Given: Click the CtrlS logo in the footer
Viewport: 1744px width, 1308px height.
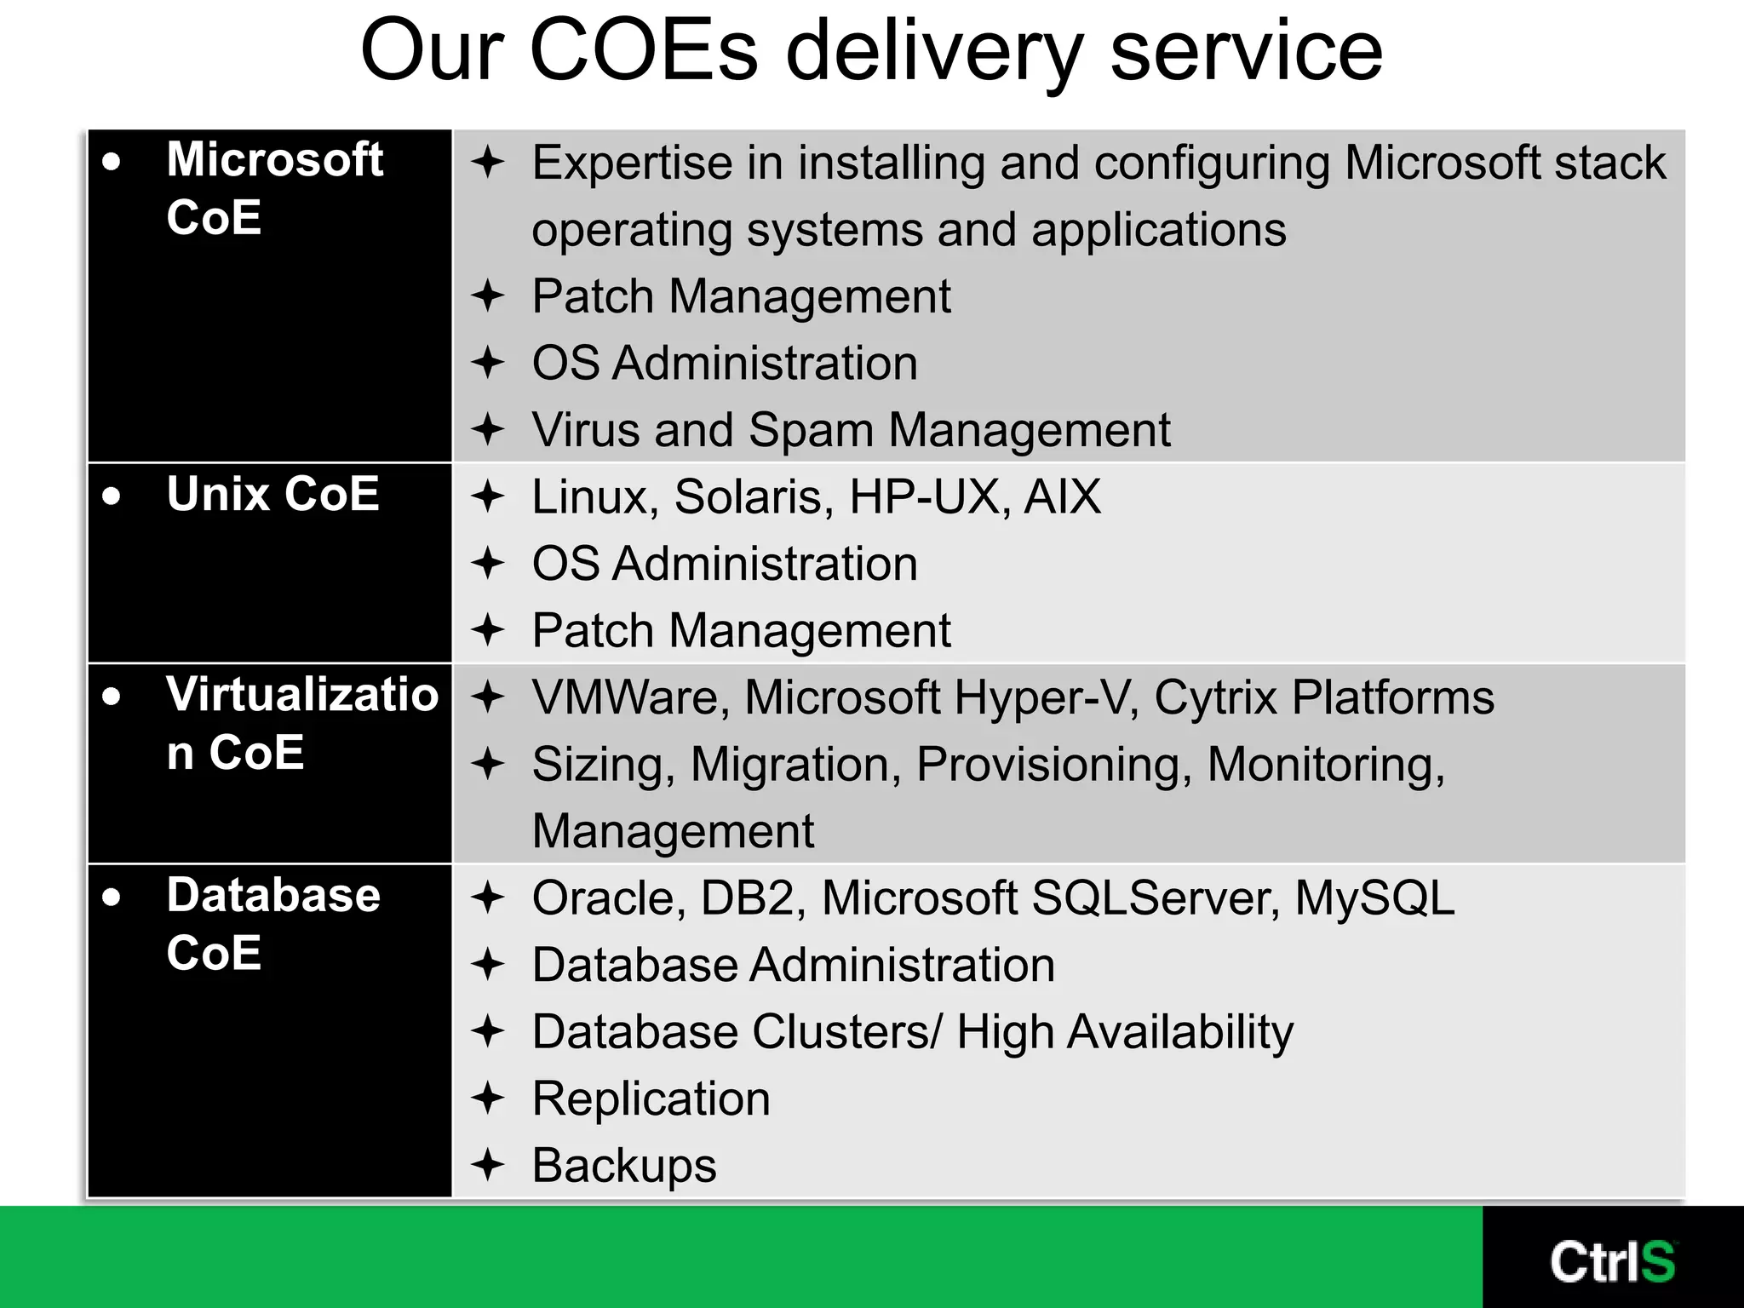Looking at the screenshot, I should tap(1612, 1262).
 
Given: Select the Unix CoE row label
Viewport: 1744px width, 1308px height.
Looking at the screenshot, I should tap(272, 494).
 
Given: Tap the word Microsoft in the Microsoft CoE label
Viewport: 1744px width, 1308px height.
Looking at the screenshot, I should tap(275, 159).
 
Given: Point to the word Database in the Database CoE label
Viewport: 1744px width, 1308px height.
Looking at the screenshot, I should tap(273, 895).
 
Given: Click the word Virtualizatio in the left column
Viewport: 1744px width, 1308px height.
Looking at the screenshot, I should tap(302, 694).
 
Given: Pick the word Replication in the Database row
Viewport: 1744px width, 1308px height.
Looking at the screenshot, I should tap(651, 1099).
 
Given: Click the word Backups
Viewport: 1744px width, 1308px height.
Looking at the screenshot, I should tap(624, 1165).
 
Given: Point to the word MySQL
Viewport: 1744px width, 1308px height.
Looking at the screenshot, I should tap(1374, 898).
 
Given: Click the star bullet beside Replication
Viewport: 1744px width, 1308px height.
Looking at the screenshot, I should tap(489, 1098).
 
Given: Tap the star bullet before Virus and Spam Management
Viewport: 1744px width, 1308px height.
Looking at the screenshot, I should tap(489, 429).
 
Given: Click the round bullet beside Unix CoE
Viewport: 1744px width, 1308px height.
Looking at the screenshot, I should tap(112, 496).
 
